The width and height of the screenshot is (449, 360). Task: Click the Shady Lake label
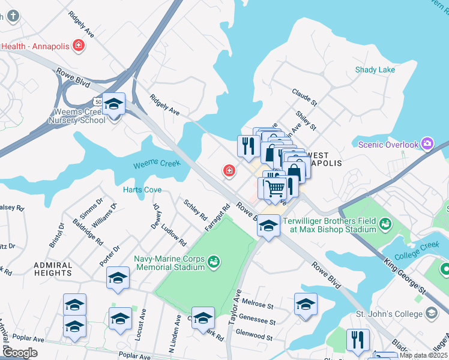(375, 70)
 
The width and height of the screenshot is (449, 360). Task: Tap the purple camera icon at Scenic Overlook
(427, 143)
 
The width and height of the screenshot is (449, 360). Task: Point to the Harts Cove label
(142, 190)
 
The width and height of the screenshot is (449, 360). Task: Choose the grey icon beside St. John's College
(432, 313)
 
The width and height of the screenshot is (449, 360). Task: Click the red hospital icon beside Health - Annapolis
(77, 45)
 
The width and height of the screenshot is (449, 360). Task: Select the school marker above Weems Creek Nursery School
(113, 105)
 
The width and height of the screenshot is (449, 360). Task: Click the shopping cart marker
(276, 189)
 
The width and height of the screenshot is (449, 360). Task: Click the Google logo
(20, 353)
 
